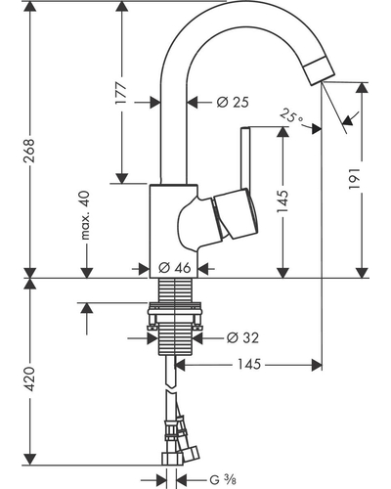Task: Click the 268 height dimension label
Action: [x=29, y=151]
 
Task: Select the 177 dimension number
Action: [x=121, y=93]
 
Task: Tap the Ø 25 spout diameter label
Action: [x=233, y=103]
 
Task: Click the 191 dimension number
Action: [x=354, y=179]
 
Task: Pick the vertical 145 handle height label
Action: [x=282, y=201]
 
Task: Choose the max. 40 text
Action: [x=85, y=215]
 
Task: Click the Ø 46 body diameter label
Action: [x=174, y=268]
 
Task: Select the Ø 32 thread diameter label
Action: [x=242, y=337]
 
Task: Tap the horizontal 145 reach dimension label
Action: [x=249, y=364]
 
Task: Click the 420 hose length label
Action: [x=29, y=378]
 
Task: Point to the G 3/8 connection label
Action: [x=223, y=480]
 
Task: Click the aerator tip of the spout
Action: [x=320, y=70]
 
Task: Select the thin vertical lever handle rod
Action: [x=244, y=158]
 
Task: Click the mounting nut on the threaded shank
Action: [x=175, y=314]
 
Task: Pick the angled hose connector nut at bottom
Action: [x=191, y=454]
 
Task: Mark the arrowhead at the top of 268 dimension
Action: [x=30, y=8]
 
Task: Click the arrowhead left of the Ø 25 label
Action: [x=155, y=103]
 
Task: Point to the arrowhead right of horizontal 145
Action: [x=317, y=365]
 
